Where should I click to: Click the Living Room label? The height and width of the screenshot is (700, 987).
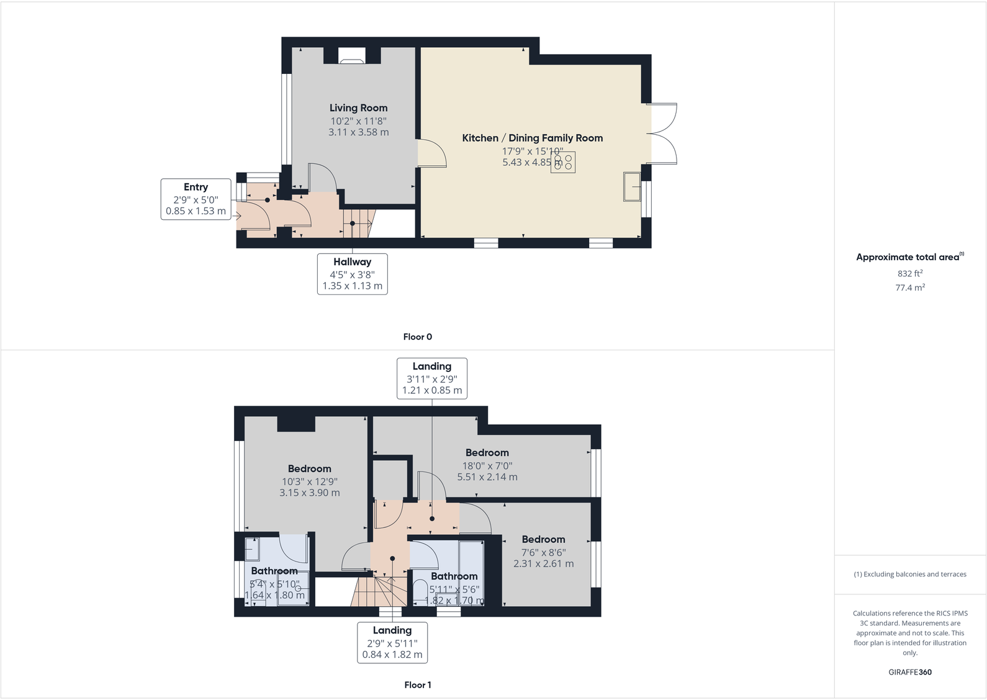[358, 108]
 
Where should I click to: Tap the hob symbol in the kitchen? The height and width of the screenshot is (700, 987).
[563, 162]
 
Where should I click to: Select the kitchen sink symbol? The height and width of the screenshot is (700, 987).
[632, 187]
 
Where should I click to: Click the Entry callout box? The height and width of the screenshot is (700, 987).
[196, 199]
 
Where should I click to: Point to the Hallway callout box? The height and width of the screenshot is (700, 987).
[352, 273]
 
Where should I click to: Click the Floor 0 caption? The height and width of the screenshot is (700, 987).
[417, 337]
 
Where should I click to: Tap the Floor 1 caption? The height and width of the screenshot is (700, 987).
[417, 684]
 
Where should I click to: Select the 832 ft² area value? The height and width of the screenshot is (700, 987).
[909, 273]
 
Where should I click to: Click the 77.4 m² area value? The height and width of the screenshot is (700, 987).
[909, 288]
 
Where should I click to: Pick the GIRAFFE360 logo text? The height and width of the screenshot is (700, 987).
[909, 672]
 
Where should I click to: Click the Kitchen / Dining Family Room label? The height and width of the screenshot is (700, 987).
[532, 138]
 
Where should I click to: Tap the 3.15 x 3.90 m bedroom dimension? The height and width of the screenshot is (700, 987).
[309, 493]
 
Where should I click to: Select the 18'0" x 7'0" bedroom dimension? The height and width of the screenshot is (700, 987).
[487, 465]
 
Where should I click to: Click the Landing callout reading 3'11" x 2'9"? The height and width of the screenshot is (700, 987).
[431, 378]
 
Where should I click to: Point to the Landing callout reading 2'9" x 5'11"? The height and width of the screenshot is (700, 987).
[392, 642]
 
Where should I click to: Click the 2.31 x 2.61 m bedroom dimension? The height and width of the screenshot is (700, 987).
[543, 563]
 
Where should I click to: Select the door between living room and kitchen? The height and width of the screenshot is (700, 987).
[432, 153]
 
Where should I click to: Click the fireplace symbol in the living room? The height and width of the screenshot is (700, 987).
[352, 60]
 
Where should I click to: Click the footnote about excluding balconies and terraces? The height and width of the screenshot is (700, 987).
[909, 574]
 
